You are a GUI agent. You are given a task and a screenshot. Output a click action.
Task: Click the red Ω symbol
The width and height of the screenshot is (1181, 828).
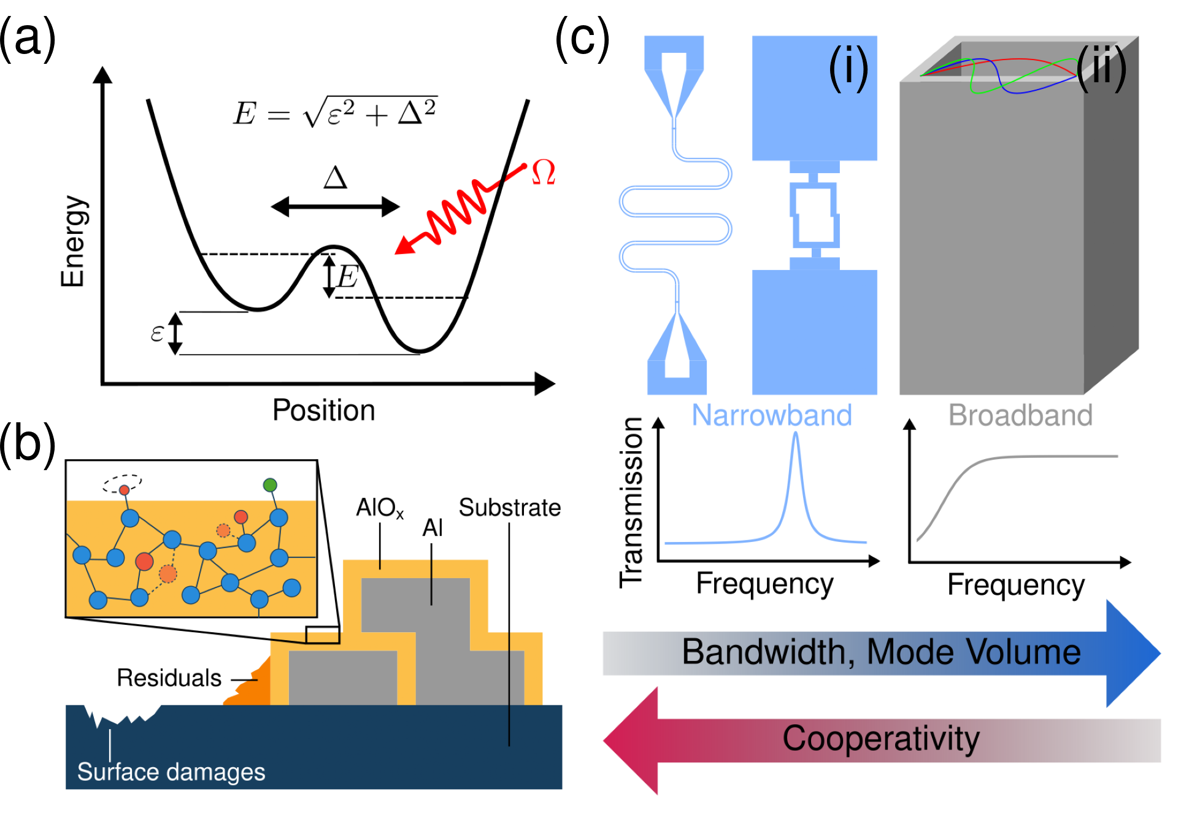click(544, 172)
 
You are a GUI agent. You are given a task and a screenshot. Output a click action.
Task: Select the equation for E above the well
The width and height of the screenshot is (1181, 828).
click(335, 112)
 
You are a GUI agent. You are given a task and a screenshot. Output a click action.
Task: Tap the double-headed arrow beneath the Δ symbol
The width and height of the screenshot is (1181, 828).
click(335, 207)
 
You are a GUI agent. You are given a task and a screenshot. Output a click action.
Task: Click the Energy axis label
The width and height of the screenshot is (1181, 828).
click(73, 241)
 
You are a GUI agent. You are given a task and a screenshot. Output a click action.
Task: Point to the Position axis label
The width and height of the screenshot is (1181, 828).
click(324, 410)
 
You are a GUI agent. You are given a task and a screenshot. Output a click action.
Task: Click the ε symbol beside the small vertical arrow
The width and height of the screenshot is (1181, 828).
click(157, 333)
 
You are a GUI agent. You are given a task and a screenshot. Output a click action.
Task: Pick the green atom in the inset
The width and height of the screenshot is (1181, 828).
click(270, 485)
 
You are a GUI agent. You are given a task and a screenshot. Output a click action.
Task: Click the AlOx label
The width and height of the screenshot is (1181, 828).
click(380, 508)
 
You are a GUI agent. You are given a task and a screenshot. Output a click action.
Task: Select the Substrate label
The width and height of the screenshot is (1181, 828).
click(510, 508)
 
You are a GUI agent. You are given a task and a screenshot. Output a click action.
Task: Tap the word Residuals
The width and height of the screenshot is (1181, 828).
click(169, 678)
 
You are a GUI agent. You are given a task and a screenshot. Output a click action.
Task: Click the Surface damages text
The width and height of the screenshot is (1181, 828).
click(171, 772)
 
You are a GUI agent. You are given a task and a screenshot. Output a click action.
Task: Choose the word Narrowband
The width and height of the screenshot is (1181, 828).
click(772, 416)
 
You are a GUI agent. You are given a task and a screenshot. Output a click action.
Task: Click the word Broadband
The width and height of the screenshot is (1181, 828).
click(1021, 416)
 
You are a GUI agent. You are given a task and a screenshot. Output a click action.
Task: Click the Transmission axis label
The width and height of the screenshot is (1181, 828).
click(631, 503)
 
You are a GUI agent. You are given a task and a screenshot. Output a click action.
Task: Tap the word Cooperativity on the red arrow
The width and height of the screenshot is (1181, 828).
click(881, 738)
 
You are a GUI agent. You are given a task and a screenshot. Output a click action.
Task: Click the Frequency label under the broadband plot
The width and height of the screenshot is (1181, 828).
click(1016, 585)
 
